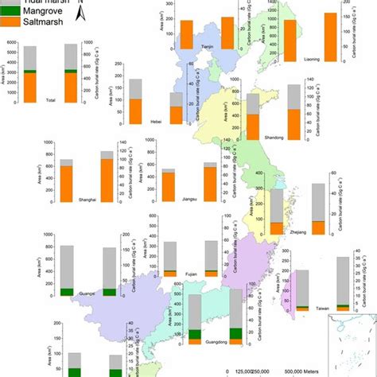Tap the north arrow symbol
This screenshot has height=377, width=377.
(80, 10)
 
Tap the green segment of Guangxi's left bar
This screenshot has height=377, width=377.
(68, 292)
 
